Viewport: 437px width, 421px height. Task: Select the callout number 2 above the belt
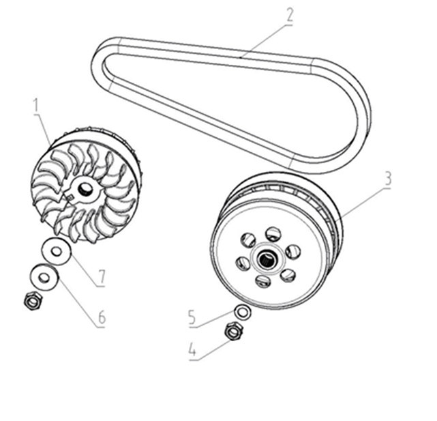289,16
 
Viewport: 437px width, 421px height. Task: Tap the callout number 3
388,179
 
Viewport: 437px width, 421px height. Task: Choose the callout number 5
192,317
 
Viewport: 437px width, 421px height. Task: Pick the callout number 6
102,317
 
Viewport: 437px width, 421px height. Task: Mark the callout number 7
102,276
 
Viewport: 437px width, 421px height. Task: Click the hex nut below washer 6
33,301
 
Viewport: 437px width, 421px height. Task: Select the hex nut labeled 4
234,331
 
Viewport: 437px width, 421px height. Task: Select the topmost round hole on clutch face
273,234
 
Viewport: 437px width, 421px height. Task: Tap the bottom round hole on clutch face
262,281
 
